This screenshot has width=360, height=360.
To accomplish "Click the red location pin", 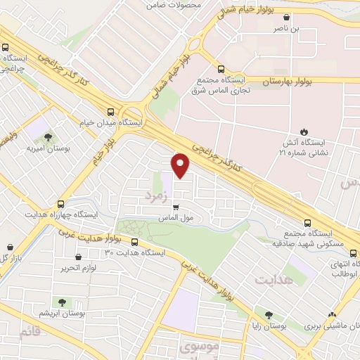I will pos(181,165).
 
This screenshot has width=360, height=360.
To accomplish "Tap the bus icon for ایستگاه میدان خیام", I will pos(110,111).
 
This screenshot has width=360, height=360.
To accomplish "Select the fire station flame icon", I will pos(304,131).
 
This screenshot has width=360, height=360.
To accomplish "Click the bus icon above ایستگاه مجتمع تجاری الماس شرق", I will pos(221,70).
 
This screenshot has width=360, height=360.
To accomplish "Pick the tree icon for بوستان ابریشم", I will pos(62,302).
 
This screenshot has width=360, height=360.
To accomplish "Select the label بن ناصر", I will pos(305,29).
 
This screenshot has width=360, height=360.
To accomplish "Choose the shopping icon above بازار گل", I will pos(10,248).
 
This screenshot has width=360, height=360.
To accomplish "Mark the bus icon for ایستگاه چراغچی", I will pos(6,49).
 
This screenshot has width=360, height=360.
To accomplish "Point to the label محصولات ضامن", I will pos(173,5).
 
